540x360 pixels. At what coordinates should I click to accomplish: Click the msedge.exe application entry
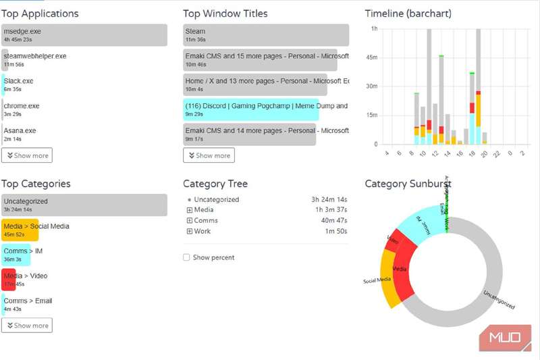84,35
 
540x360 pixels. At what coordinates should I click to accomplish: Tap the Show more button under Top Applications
27,155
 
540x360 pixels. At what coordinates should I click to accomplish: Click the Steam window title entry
266,35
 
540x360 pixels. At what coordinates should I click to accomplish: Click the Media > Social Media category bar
20,230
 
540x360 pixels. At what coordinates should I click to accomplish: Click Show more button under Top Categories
27,326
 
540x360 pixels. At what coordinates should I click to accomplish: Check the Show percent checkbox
187,257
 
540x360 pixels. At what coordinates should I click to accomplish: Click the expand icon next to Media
190,210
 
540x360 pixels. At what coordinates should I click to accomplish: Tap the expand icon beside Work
190,231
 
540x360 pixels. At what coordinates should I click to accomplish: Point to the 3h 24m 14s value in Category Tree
329,200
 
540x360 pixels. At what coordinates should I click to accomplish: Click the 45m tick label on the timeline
372,57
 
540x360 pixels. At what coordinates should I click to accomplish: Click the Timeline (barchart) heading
408,14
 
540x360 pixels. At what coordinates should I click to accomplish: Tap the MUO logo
505,338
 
